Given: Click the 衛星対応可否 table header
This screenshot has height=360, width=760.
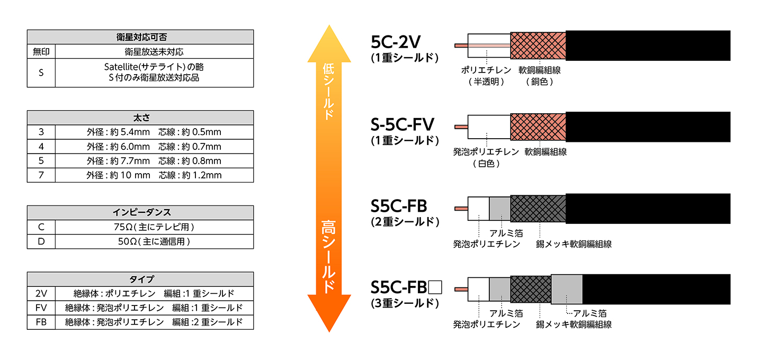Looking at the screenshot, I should (140, 38).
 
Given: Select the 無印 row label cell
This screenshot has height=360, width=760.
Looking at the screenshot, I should (41, 52).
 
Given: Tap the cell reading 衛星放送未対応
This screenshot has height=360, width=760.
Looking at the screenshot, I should (154, 52).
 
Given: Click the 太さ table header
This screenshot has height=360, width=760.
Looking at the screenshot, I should (140, 118).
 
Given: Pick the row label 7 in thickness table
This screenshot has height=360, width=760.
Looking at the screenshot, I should (41, 175).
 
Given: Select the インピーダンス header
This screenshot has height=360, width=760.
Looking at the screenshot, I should (140, 213).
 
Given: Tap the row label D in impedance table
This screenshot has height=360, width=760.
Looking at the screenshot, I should (41, 241).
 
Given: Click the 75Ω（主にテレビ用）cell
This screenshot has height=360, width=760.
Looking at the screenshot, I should (154, 227).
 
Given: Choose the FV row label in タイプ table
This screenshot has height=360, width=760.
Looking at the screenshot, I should (41, 308).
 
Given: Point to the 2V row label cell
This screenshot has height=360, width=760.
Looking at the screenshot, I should (41, 293).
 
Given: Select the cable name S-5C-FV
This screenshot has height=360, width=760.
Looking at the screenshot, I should (403, 125).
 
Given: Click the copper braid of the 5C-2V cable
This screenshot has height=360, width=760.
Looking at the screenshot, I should (538, 46).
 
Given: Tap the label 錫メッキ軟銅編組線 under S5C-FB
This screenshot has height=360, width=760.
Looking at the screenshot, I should (574, 244).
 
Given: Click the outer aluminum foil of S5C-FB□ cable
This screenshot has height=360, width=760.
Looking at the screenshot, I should (567, 289).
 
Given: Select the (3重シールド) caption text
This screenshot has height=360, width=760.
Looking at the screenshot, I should (405, 303).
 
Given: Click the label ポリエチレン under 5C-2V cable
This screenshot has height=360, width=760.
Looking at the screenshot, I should (486, 70).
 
